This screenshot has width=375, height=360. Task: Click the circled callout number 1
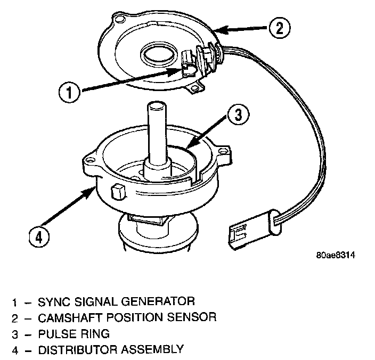[x=69, y=92]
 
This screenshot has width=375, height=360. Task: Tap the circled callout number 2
[x=279, y=28]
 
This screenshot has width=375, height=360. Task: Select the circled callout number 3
[x=238, y=114]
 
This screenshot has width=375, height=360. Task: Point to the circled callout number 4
[x=39, y=238]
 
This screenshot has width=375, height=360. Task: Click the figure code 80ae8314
[x=336, y=255]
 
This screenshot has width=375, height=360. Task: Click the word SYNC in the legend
[x=54, y=301]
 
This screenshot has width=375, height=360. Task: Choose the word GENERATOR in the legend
[x=158, y=301]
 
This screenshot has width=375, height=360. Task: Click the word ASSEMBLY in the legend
[x=152, y=350]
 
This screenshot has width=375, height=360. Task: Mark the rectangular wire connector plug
[x=255, y=230]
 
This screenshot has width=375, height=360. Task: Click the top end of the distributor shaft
[x=157, y=105]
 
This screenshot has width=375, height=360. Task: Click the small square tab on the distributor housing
[x=118, y=192]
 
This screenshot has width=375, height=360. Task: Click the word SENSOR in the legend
[x=192, y=317]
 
